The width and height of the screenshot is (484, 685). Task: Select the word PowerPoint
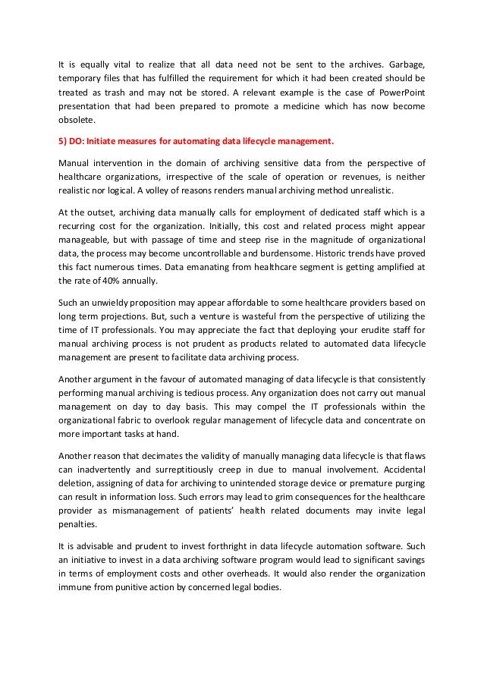(398, 93)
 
